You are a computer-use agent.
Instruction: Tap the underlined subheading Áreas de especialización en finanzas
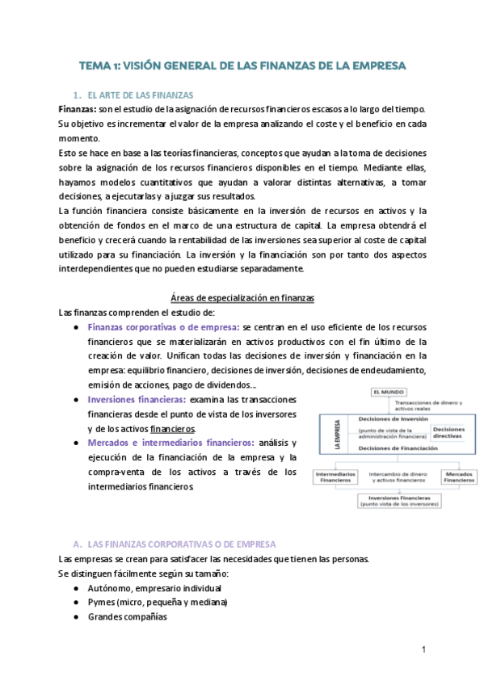click(242, 298)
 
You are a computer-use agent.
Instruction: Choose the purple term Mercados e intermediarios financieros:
click(170, 443)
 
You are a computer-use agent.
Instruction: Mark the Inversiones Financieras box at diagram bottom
click(394, 502)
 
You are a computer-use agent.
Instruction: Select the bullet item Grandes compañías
click(127, 616)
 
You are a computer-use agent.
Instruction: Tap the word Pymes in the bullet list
click(103, 602)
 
